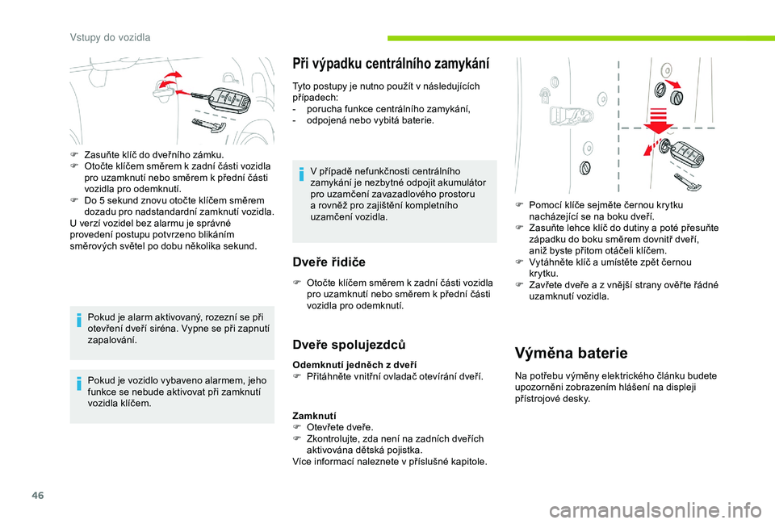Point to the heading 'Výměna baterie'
click(x=570, y=353)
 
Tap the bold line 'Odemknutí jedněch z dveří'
click(x=354, y=365)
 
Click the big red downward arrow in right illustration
click(x=660, y=119)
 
